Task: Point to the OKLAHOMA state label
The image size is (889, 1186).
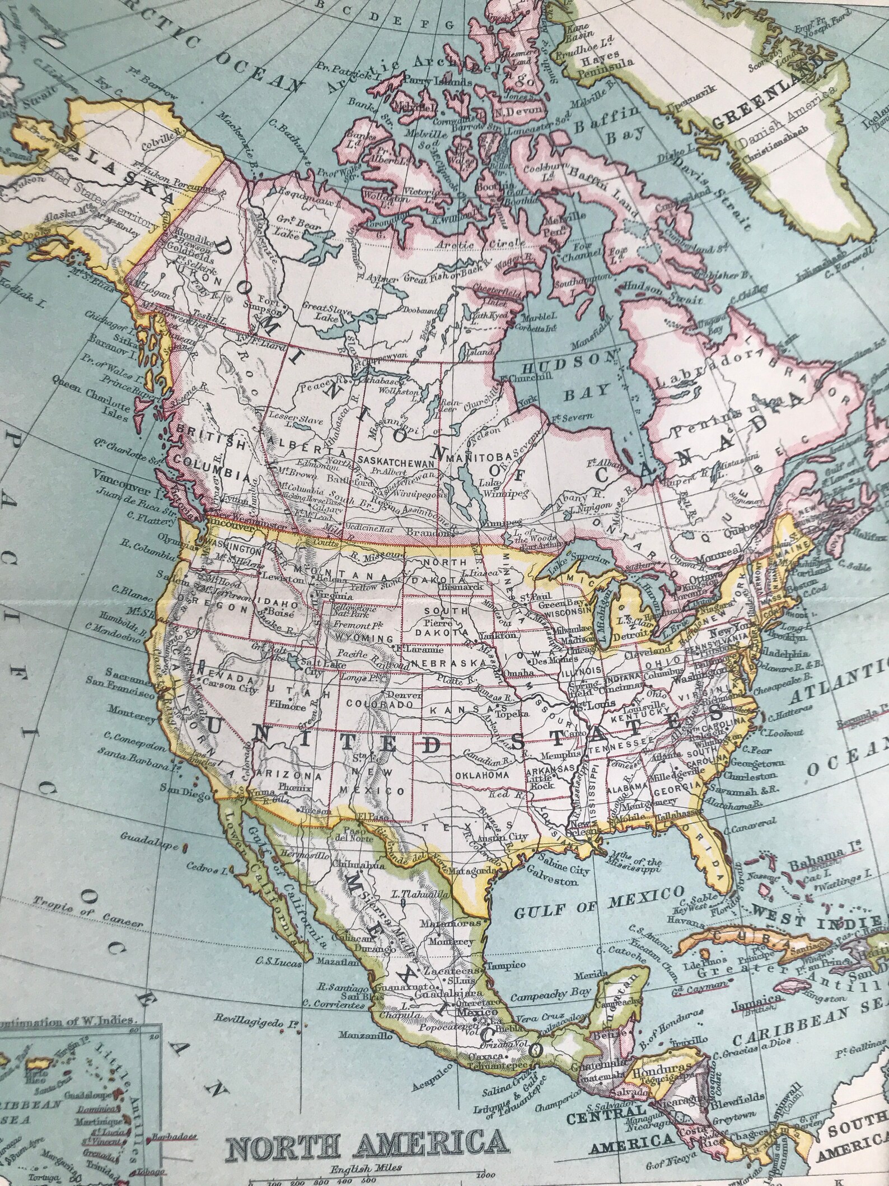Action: [x=482, y=775]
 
